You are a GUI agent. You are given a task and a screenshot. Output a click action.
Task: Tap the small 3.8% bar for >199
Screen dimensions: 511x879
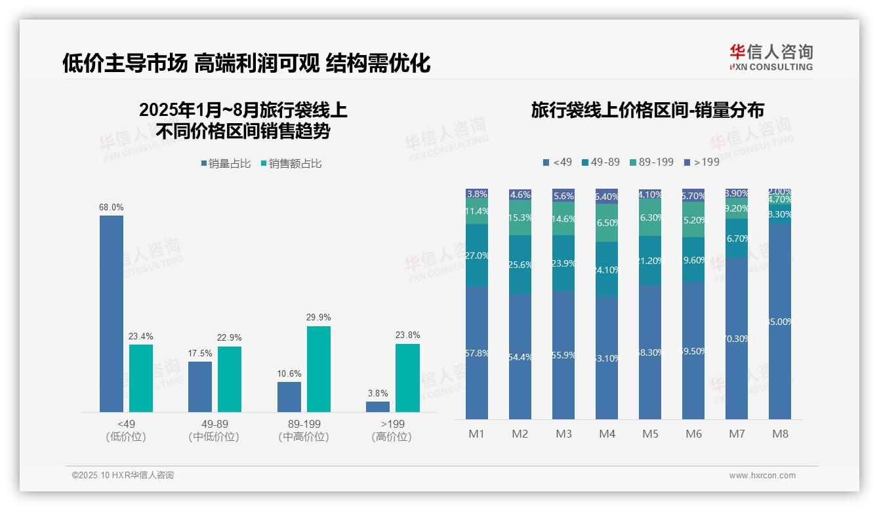point(378,406)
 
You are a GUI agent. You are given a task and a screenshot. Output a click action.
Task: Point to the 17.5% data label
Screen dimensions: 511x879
point(200,353)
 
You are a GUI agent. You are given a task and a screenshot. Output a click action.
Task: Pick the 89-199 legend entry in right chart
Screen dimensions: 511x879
point(651,162)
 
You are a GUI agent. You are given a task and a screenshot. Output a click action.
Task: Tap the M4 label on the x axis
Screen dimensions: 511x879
point(607,434)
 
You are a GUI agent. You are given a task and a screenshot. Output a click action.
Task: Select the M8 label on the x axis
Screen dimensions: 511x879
point(780,434)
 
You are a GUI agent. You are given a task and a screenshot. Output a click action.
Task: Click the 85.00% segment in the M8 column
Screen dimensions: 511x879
point(780,322)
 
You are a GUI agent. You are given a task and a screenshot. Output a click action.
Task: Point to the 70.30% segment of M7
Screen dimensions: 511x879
point(737,339)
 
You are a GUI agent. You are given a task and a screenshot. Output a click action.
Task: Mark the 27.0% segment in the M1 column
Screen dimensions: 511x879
point(477,255)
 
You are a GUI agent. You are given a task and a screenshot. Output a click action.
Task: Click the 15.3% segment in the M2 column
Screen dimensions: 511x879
point(520,218)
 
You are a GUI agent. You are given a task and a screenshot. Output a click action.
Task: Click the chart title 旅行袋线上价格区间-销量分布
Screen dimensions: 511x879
point(647,110)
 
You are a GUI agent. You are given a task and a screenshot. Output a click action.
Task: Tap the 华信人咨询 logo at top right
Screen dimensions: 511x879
point(771,57)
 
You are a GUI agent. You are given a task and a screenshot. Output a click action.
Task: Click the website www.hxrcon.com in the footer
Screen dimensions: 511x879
point(762,476)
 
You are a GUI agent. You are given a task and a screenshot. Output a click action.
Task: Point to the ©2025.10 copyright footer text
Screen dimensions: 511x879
point(123,476)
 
